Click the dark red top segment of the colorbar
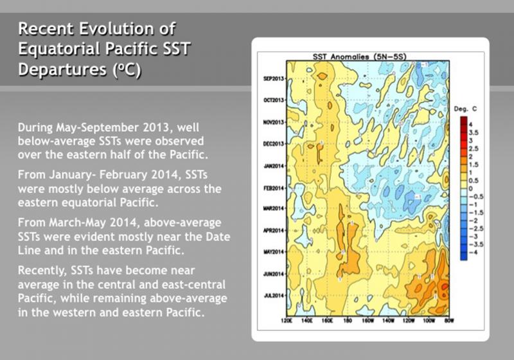point(463,122)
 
